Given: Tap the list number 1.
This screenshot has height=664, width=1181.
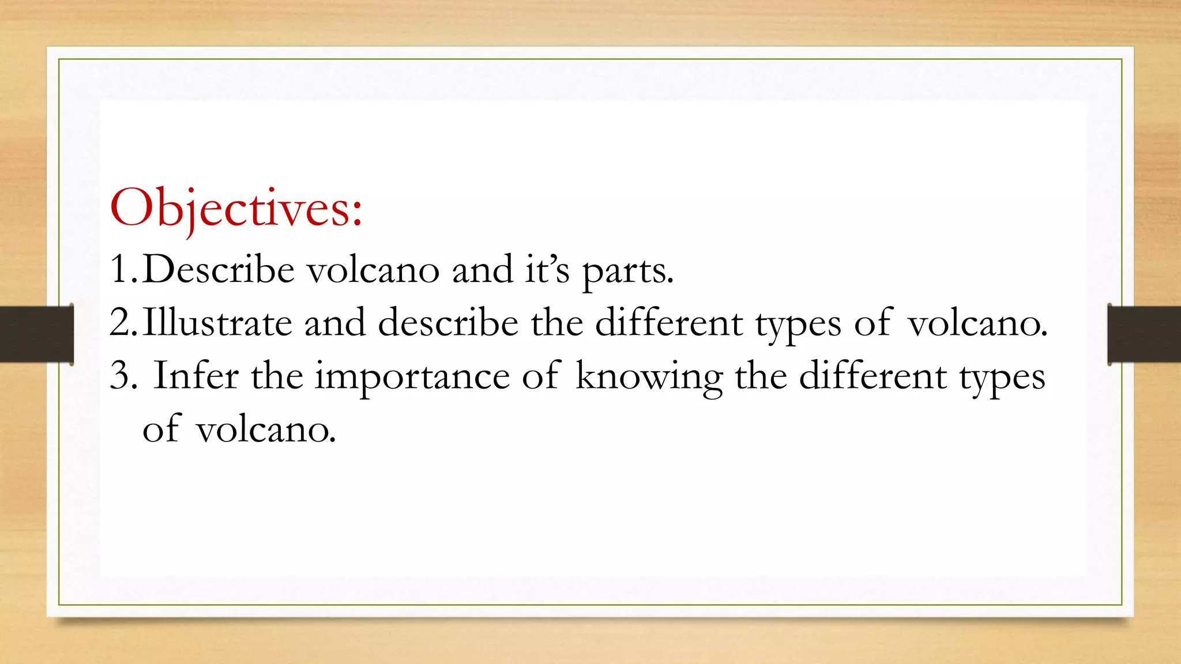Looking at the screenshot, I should point(122,269).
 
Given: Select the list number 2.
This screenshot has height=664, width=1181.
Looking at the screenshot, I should point(122,323).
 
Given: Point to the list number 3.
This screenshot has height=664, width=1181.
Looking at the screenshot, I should point(122,376).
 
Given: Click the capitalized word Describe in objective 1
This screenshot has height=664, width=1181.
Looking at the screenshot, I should point(218,269).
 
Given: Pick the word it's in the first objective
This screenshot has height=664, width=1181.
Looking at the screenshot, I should point(547,269).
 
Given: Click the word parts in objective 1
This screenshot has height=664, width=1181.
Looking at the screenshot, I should point(627,271).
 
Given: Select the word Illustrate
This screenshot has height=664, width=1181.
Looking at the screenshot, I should point(217,323).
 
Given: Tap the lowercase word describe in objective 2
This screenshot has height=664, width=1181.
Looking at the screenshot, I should point(448,323).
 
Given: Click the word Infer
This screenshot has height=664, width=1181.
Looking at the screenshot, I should point(196,376).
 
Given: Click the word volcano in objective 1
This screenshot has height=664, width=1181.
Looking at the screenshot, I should point(373,269).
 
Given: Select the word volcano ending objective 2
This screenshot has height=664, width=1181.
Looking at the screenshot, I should point(977,323).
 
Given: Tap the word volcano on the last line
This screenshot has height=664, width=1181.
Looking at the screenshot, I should point(265,429).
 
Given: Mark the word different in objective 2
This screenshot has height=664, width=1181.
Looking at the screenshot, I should point(669,323).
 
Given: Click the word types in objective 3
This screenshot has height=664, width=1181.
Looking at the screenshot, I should point(1002,378).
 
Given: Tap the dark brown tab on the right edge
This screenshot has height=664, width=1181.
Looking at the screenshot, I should point(1144,334).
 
